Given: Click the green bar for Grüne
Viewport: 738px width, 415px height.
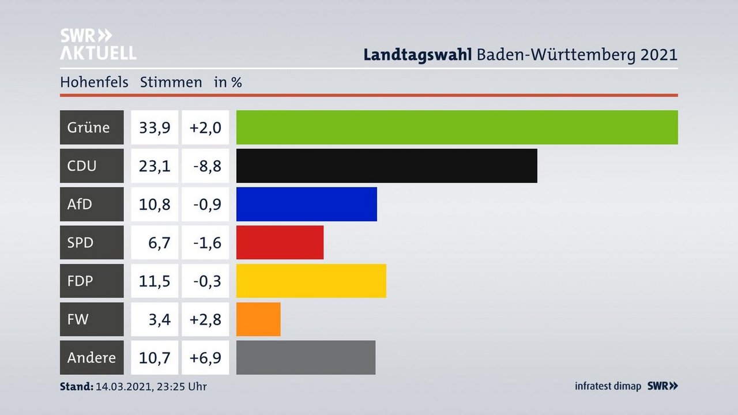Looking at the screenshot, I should [457, 127].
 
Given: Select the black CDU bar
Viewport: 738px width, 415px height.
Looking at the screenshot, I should [386, 165].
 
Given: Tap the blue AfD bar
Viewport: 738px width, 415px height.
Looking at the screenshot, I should [306, 204].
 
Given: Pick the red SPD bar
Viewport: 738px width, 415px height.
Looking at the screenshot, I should [280, 243].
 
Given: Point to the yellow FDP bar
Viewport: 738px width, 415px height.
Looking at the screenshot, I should [311, 281].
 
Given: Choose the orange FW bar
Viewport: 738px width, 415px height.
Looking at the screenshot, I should [258, 319].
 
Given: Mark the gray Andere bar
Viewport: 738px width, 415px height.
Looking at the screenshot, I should [306, 357].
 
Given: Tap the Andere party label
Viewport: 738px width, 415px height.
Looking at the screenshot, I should [91, 357].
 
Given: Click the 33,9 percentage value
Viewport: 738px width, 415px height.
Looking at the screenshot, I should [155, 127].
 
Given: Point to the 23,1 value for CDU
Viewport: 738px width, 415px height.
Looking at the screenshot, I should [155, 166].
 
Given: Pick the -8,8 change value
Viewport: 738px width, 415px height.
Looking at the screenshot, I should [206, 166].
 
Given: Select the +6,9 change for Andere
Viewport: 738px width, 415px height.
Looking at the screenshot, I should [206, 357].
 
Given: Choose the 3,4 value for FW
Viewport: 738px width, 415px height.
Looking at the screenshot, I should [159, 319].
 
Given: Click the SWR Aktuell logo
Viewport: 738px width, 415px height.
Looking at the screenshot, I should [98, 44].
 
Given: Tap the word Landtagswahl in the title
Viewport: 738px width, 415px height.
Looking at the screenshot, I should [418, 55].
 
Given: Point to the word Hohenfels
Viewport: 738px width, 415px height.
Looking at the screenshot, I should [94, 82].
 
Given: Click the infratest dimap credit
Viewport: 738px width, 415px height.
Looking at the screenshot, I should [608, 386].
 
